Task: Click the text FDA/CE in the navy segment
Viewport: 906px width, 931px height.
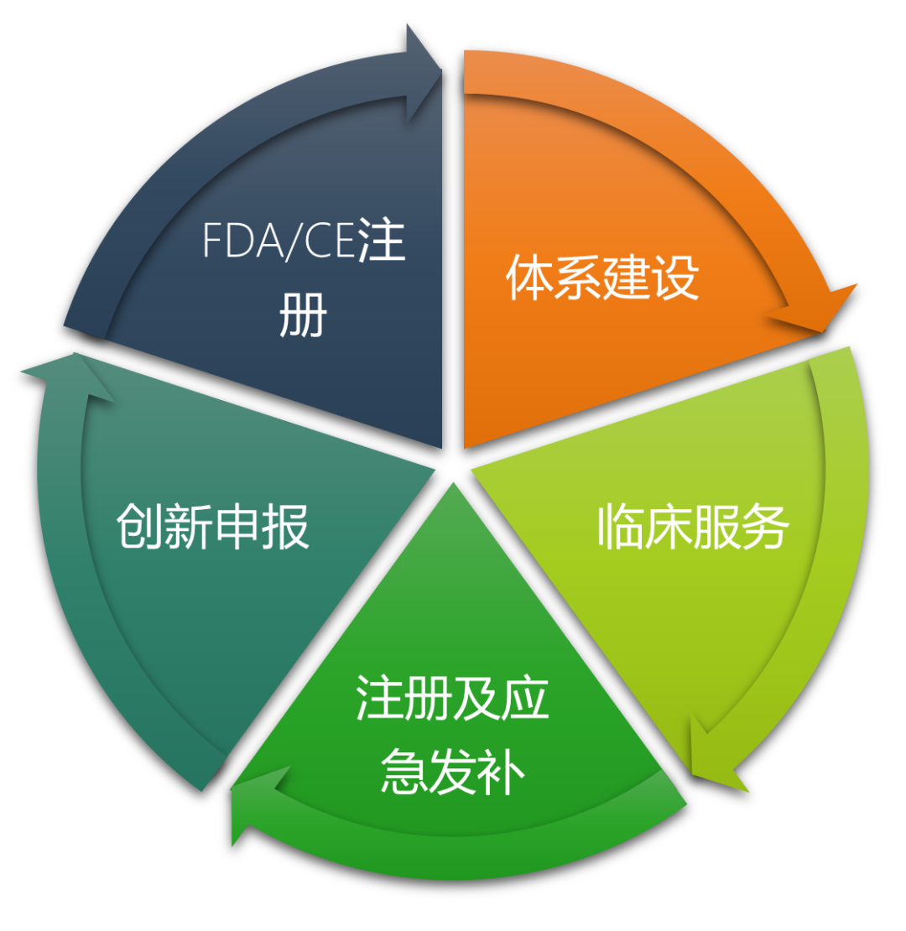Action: pos(279,241)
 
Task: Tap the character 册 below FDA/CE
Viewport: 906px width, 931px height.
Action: pos(304,315)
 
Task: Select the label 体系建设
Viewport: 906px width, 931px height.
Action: pos(602,278)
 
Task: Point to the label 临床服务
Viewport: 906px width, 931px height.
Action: pos(694,526)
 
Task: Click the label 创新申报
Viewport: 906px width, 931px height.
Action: pos(212,526)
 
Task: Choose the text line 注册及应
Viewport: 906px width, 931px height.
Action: pos(452,697)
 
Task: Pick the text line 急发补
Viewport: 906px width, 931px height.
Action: pos(452,772)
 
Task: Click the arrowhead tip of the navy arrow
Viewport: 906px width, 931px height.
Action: pos(441,70)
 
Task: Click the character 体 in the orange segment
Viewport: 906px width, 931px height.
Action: pos(529,278)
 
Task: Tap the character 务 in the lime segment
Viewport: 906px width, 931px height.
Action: pos(766,526)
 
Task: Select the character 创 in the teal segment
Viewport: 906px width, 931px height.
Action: pos(140,526)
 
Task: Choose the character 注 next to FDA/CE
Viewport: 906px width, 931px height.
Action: pos(381,241)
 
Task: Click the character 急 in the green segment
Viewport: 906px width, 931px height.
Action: pos(404,772)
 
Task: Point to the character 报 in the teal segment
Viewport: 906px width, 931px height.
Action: pos(285,526)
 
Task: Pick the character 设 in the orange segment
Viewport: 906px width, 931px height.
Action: pos(675,278)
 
